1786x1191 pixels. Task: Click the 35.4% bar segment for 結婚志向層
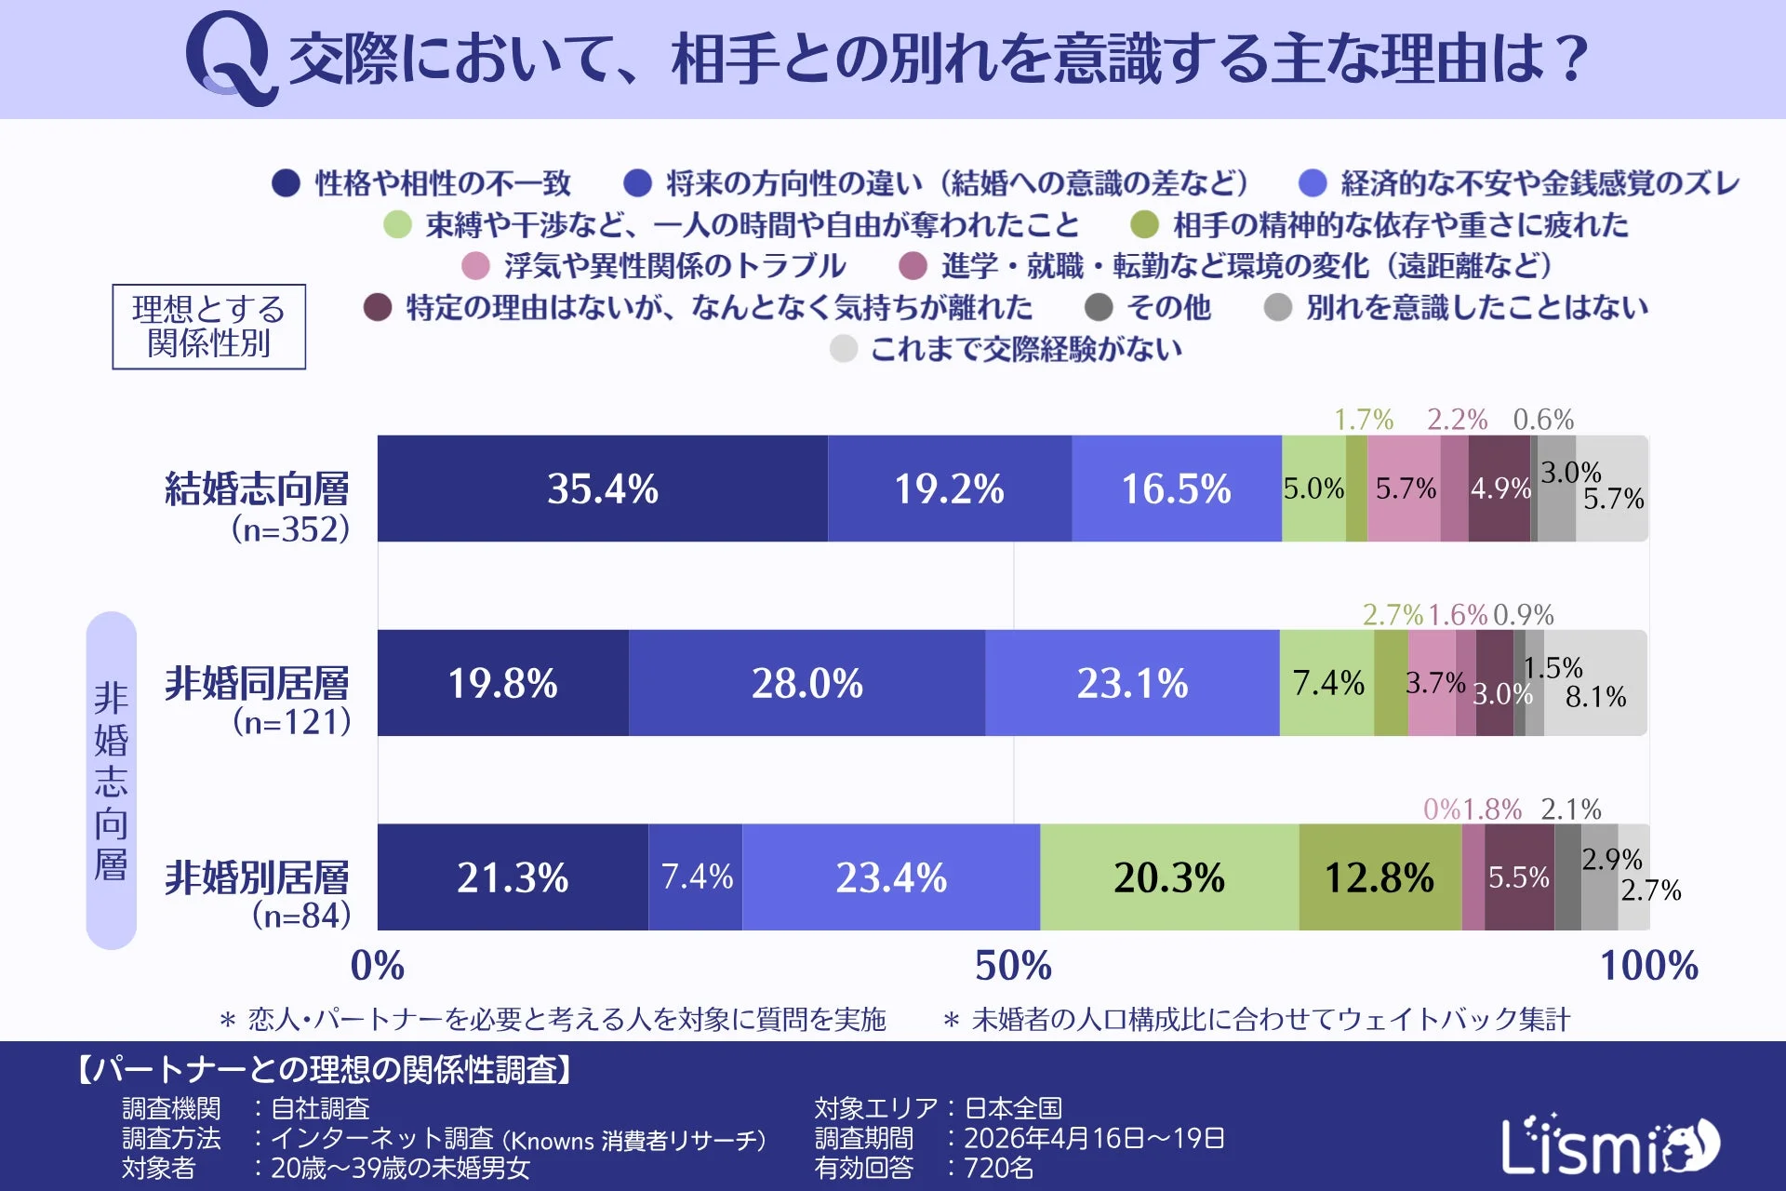tap(602, 488)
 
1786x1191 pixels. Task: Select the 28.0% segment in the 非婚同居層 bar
tap(806, 683)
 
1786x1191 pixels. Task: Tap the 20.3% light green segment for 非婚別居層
tap(1169, 877)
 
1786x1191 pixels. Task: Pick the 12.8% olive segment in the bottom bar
tap(1379, 877)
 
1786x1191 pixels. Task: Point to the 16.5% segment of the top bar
tap(1176, 488)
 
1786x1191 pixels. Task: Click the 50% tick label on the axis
tap(1013, 966)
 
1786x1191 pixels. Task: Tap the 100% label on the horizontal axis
tap(1648, 966)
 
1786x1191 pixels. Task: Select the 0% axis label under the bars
tap(378, 966)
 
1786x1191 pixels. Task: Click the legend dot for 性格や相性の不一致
tap(286, 183)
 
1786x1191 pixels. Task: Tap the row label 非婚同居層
tap(257, 684)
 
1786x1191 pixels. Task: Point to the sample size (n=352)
tap(290, 529)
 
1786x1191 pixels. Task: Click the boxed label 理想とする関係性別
tap(208, 327)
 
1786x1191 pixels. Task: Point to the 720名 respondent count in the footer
tap(998, 1168)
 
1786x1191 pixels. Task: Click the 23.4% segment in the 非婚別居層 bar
tap(890, 877)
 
